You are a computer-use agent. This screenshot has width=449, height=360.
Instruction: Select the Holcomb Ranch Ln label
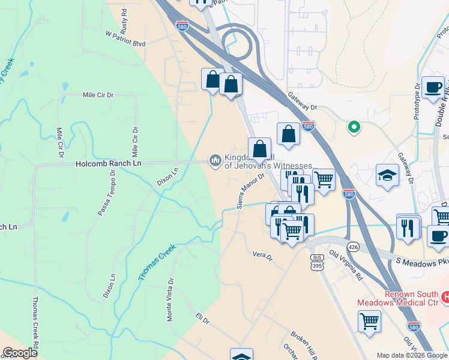tap(108, 163)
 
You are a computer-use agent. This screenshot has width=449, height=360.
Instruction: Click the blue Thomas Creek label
tap(157, 262)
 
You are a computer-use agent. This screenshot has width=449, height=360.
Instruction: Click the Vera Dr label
tap(262, 256)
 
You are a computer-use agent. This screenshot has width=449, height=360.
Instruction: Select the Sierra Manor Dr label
tap(251, 190)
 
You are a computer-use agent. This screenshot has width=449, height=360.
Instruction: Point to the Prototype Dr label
tap(417, 101)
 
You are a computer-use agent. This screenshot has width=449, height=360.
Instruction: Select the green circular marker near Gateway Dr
tap(354, 127)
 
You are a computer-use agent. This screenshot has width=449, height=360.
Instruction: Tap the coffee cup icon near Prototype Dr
tap(433, 88)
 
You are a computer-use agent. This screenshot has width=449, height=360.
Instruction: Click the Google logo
tap(20, 353)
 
